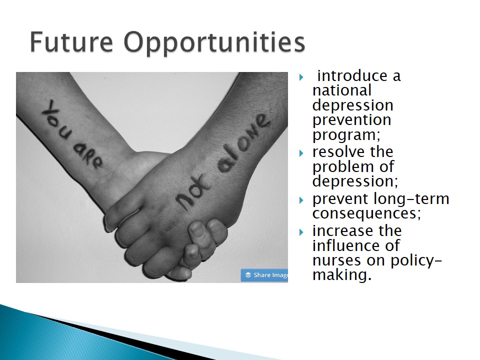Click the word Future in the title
pos(71,42)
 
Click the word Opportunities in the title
pos(214,43)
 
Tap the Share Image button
pos(264,275)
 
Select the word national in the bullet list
pos(342,90)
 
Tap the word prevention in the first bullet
pos(351,119)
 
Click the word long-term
pos(411,199)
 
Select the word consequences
pos(364,213)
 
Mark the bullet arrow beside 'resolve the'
pos(301,153)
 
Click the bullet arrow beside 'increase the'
pos(301,232)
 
